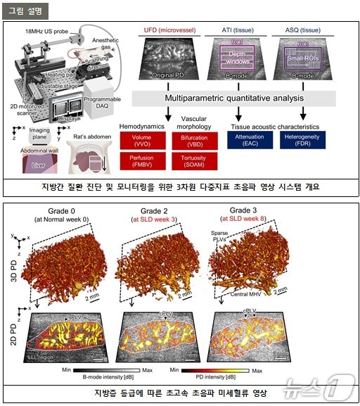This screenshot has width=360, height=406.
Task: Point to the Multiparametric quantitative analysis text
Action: coord(234,99)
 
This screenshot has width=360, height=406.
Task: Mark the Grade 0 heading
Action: coord(56,211)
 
